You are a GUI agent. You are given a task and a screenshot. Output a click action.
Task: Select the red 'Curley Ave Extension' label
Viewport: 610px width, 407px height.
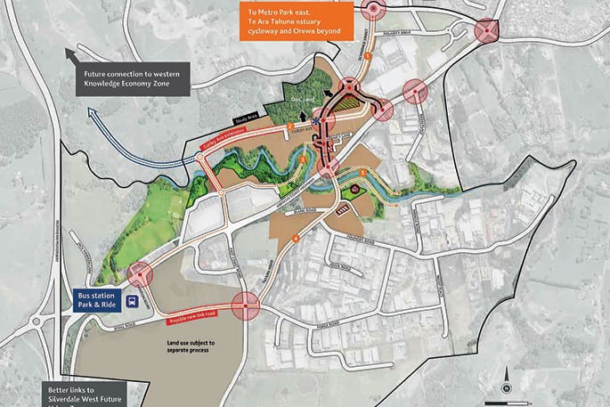(223, 140)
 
